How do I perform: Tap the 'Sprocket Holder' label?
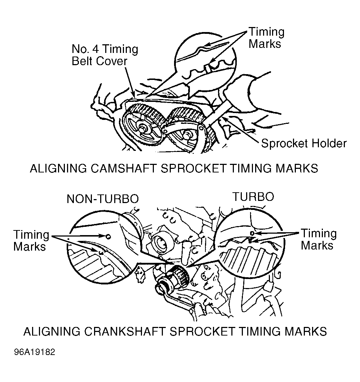pos(303,143)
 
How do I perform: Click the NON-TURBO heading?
pos(103,199)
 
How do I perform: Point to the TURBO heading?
pos(253,197)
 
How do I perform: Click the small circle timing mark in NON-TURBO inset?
pos(108,236)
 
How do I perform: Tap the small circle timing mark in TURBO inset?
pos(252,233)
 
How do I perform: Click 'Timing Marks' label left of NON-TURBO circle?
pos(31,241)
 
